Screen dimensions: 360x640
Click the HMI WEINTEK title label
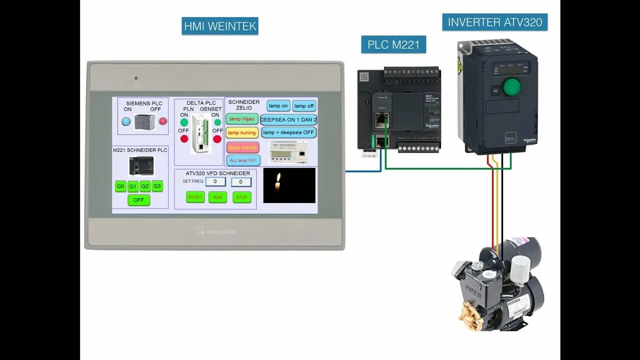click(220, 26)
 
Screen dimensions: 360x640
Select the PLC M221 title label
click(393, 44)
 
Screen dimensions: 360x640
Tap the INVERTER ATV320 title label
click(494, 22)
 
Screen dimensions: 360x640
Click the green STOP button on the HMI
click(242, 197)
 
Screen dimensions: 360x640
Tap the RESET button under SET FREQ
click(195, 197)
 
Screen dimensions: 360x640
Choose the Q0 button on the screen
click(120, 186)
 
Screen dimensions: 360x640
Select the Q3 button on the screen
click(157, 186)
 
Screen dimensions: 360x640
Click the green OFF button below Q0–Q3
click(138, 200)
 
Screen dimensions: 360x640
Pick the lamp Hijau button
click(242, 119)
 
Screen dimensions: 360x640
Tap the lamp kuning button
click(242, 132)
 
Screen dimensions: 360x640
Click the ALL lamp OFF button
click(243, 160)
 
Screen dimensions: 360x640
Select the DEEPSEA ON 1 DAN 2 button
click(288, 120)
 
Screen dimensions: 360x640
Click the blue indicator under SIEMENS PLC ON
click(126, 121)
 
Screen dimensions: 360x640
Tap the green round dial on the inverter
click(511, 87)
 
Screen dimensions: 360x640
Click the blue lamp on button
click(278, 106)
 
